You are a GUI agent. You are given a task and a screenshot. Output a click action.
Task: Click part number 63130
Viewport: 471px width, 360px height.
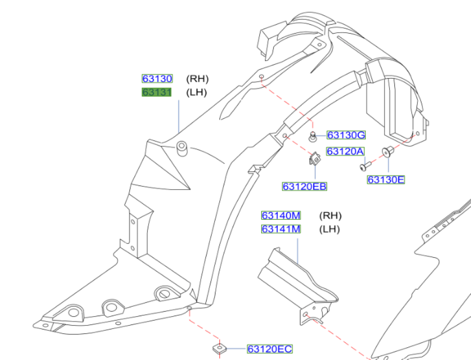pyautogui.click(x=157, y=79)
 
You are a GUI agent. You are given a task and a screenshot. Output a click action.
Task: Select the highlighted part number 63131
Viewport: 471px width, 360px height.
pyautogui.click(x=157, y=92)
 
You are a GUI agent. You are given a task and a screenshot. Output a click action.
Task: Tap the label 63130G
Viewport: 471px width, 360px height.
pyautogui.click(x=346, y=135)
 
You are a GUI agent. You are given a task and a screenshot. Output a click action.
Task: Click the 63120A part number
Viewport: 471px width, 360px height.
pyautogui.click(x=345, y=151)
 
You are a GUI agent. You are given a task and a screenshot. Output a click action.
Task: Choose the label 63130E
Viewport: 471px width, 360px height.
pyautogui.click(x=386, y=180)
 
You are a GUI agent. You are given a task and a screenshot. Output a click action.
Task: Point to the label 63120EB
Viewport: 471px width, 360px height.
pyautogui.click(x=305, y=187)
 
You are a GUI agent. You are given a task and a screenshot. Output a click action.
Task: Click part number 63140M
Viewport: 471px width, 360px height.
pyautogui.click(x=281, y=216)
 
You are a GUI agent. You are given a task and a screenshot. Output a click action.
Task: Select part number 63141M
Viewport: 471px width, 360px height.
pyautogui.click(x=281, y=229)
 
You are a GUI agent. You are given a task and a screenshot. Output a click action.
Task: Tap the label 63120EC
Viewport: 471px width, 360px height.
pyautogui.click(x=270, y=349)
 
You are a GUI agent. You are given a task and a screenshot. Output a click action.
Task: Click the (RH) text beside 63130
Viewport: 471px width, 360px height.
pyautogui.click(x=198, y=79)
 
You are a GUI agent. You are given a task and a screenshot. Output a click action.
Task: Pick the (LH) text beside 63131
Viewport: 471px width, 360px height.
pyautogui.click(x=197, y=92)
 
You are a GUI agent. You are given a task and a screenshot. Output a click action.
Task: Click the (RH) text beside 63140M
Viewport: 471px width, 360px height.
pyautogui.click(x=331, y=216)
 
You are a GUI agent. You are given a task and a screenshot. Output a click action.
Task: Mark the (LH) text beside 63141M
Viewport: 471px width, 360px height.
pyautogui.click(x=330, y=229)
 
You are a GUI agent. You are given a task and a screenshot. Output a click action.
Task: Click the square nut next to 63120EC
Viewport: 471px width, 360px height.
pyautogui.click(x=220, y=349)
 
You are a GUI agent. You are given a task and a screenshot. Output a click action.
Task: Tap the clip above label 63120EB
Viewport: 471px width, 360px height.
pyautogui.click(x=314, y=159)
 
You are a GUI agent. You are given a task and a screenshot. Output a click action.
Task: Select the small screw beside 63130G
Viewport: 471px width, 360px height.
pyautogui.click(x=313, y=137)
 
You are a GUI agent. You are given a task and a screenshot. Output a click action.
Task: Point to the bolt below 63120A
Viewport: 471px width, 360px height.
pyautogui.click(x=365, y=166)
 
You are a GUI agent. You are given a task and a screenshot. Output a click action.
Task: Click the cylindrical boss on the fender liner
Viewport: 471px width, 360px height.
pyautogui.click(x=182, y=149)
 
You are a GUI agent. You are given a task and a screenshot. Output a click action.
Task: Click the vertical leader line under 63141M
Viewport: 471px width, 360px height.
pyautogui.click(x=297, y=251)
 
